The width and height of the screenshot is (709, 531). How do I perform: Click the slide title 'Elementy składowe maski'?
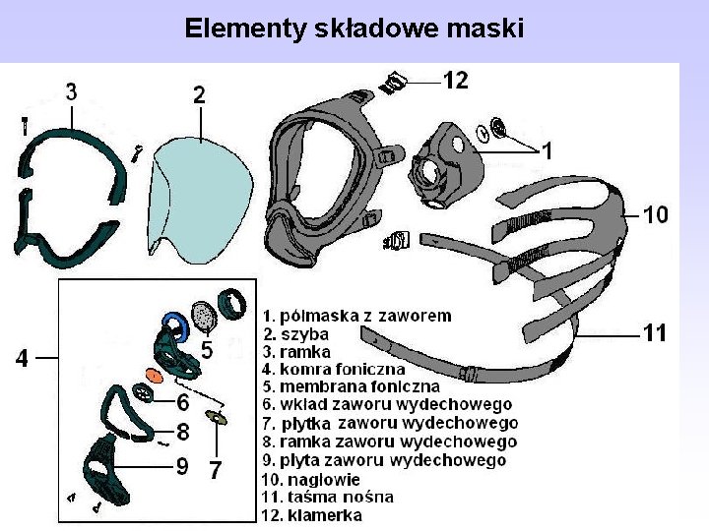pos(354,28)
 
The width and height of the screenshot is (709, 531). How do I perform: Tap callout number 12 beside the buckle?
pos(455,81)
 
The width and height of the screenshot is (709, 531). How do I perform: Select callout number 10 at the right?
pos(656,213)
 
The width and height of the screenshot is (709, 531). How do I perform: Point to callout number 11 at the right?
pos(655,333)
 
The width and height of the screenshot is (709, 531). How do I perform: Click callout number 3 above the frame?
pos(72,91)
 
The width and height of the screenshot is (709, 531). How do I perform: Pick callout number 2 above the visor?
pos(199,95)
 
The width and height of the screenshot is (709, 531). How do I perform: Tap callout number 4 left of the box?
pos(22,359)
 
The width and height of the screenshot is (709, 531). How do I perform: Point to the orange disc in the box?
pos(153,375)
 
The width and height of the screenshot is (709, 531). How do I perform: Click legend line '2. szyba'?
pos(295,334)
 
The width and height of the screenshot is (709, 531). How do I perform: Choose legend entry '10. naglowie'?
pos(311,479)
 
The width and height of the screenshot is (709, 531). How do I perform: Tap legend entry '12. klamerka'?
pos(311,514)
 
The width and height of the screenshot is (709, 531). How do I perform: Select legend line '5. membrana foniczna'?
pos(351,386)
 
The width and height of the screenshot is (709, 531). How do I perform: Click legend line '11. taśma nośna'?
pos(327,497)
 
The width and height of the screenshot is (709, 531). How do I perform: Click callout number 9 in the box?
pos(183,466)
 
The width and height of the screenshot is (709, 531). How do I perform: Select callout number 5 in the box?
pos(207,348)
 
